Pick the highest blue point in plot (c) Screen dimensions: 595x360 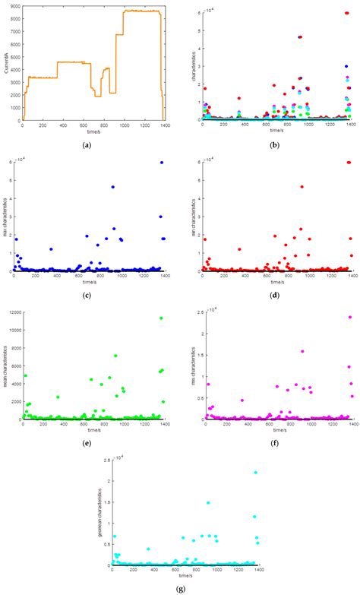tap(162, 163)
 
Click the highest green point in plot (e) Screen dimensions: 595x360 tap(161, 318)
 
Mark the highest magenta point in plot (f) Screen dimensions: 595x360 tap(350, 318)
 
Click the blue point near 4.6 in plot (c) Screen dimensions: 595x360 tap(112, 187)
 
